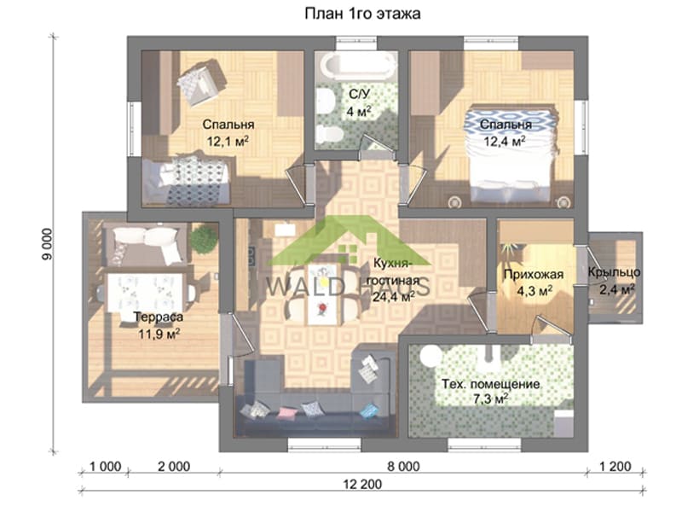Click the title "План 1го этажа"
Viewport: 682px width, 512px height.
click(x=362, y=14)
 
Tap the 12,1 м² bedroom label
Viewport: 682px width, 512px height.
click(x=228, y=133)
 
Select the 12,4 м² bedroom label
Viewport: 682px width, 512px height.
click(x=506, y=133)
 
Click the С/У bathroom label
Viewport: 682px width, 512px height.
click(x=359, y=102)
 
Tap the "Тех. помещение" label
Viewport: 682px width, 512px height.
click(x=491, y=385)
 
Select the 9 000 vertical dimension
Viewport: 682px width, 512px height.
click(x=47, y=245)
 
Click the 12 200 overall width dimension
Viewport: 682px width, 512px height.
click(x=362, y=484)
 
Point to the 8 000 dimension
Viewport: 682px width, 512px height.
click(x=403, y=466)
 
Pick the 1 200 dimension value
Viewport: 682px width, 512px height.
click(x=615, y=466)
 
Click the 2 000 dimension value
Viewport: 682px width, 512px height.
click(x=174, y=466)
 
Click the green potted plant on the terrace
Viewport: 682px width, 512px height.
click(x=204, y=239)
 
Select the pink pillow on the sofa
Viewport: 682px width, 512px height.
click(x=286, y=412)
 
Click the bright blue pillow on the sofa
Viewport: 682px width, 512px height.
click(x=369, y=410)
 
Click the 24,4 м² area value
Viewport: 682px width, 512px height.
click(x=394, y=296)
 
